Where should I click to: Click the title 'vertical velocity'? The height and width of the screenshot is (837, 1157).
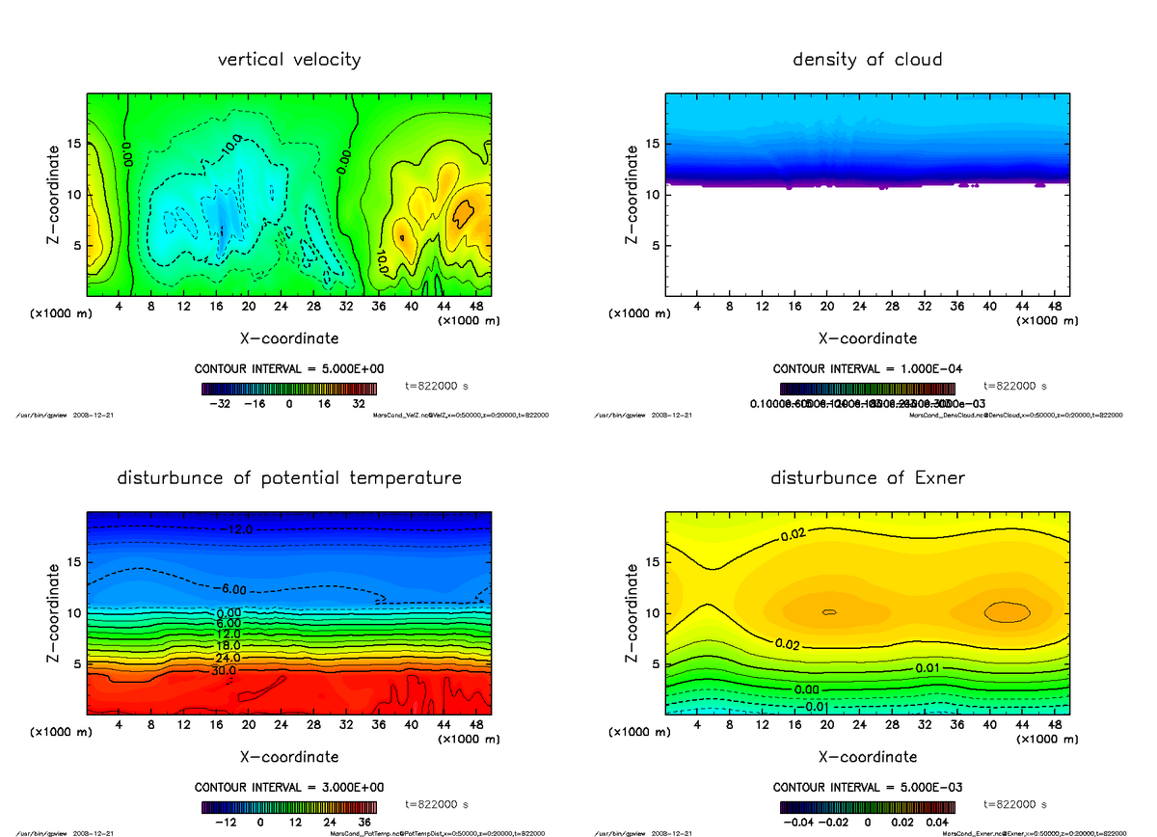[x=289, y=60]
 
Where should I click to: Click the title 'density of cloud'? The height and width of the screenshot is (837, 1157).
[x=867, y=60]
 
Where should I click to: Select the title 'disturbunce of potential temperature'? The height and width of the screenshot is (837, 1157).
[x=289, y=478]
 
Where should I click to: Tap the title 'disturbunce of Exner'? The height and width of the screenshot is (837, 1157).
[x=867, y=478]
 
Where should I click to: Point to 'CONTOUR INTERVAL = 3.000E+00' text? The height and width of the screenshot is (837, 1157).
[x=289, y=787]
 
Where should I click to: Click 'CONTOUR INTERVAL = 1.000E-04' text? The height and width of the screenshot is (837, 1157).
[x=867, y=369]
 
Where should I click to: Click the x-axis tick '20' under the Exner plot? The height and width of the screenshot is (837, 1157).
[x=826, y=724]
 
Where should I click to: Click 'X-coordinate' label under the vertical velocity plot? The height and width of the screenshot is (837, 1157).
[x=289, y=338]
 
